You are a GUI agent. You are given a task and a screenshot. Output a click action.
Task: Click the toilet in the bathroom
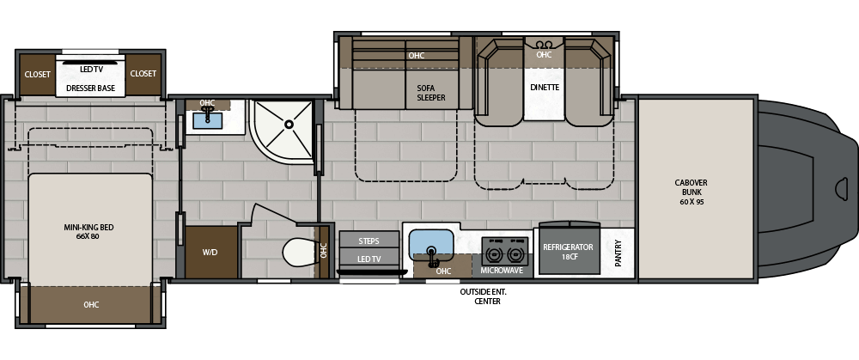tap(299, 253)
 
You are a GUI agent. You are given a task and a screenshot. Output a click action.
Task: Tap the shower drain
tap(289, 125)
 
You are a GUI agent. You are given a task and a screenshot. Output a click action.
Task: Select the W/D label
tap(210, 252)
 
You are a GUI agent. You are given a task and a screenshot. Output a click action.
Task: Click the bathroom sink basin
tap(208, 120)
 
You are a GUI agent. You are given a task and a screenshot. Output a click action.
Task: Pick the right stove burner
tap(514, 255)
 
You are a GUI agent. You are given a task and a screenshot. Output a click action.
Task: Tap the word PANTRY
tap(618, 253)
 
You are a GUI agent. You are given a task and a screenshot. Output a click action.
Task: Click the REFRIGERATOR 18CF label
tap(568, 251)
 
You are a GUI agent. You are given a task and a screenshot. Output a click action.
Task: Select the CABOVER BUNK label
tap(691, 192)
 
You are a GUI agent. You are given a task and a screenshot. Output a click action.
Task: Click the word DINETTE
tap(545, 87)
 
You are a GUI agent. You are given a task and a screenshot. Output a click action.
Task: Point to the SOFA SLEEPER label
tap(431, 93)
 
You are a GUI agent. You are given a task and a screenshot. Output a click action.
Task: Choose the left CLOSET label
tap(37, 74)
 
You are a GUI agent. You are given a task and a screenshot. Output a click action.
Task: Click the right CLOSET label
tap(143, 73)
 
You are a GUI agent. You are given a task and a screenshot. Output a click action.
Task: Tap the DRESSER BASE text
tap(90, 88)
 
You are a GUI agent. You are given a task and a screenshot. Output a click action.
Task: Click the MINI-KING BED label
tap(88, 232)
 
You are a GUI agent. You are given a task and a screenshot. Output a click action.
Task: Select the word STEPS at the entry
tap(369, 241)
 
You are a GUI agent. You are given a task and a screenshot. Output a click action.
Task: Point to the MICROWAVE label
tap(502, 271)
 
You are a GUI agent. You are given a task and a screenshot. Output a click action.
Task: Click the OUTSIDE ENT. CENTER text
tap(488, 296)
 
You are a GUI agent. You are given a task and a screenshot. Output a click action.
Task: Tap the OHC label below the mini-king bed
tap(92, 305)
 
